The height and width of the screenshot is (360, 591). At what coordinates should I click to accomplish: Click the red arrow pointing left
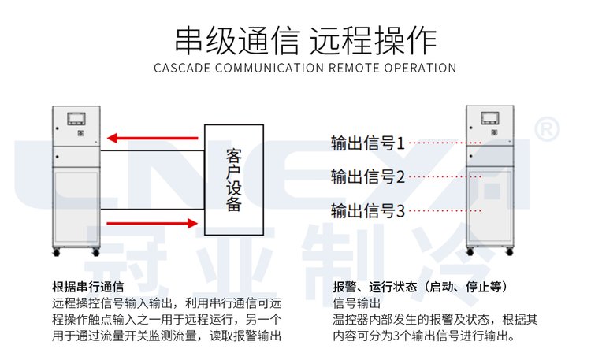click(153, 138)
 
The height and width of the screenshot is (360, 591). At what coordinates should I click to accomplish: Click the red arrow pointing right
click(152, 223)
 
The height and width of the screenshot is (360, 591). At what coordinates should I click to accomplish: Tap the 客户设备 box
click(234, 180)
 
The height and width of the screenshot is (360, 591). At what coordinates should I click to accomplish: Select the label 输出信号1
click(367, 143)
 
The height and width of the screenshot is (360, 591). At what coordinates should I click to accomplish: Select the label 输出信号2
click(367, 176)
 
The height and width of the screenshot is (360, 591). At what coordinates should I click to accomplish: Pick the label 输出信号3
click(367, 210)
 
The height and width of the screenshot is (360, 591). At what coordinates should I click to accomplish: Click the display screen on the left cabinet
click(76, 119)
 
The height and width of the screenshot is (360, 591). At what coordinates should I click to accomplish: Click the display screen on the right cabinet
click(489, 118)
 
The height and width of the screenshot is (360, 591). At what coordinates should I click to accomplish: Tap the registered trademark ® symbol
click(547, 130)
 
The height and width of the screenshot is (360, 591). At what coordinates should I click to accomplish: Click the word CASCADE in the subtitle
click(182, 68)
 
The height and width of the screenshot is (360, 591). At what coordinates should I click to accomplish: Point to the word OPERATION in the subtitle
click(420, 68)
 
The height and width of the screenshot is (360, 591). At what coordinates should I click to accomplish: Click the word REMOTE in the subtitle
click(354, 68)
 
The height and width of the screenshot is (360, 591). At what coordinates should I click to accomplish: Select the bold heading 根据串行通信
click(87, 287)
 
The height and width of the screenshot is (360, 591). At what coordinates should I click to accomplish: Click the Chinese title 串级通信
click(237, 40)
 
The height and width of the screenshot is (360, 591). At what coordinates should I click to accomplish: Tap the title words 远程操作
click(374, 40)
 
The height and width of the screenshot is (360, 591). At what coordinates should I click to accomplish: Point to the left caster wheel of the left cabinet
click(57, 252)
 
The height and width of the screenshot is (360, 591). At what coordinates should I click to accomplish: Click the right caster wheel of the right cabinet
click(510, 251)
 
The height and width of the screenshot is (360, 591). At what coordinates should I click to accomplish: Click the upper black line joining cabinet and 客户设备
click(152, 150)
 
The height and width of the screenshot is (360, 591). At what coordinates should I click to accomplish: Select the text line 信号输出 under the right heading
click(356, 303)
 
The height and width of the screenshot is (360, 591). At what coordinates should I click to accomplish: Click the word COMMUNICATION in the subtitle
click(269, 68)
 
